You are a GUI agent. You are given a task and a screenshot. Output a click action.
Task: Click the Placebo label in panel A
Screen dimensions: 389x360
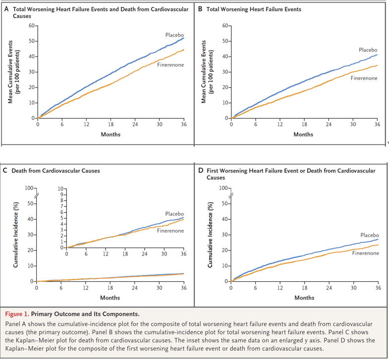click(174, 35)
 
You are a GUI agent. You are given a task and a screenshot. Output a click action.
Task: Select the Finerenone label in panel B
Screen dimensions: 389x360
click(364, 78)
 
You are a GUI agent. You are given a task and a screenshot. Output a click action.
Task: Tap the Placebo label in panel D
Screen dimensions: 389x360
click(370, 235)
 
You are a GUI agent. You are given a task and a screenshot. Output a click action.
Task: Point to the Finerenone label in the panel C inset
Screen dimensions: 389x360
click(170, 231)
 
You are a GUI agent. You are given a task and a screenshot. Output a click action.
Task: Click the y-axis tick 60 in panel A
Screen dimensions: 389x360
click(32, 26)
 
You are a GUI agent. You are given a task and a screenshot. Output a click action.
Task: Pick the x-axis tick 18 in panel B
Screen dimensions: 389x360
click(304, 124)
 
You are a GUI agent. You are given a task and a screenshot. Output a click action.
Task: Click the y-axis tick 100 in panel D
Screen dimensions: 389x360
click(223, 188)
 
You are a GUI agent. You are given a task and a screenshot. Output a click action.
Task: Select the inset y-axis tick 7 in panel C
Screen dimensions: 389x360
click(62, 206)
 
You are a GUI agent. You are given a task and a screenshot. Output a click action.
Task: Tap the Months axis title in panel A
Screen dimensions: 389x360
click(111, 134)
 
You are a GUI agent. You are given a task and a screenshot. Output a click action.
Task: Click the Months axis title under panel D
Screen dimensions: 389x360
click(304, 298)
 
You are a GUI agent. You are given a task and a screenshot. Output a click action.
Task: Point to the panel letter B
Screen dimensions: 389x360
click(200, 9)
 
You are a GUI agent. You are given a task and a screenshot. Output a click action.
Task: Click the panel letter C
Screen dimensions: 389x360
click(5, 170)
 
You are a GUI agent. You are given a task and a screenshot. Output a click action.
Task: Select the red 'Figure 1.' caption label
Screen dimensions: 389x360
click(17, 314)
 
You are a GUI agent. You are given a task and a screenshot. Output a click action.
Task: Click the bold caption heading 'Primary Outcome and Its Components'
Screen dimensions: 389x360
click(85, 314)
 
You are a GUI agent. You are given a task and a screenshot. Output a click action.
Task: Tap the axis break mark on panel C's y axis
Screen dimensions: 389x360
click(37, 196)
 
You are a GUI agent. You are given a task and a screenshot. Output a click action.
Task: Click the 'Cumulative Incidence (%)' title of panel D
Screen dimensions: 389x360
click(210, 235)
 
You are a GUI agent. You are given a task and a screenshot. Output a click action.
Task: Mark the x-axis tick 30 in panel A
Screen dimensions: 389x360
click(159, 124)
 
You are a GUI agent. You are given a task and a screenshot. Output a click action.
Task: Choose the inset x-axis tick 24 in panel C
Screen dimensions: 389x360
click(144, 254)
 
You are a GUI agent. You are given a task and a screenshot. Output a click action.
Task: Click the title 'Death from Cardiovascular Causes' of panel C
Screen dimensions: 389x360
click(56, 170)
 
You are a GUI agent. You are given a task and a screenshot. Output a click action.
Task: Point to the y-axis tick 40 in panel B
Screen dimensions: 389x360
click(225, 56)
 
